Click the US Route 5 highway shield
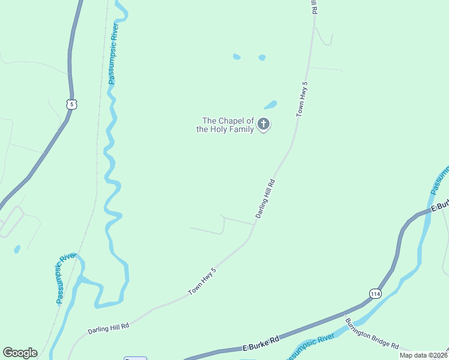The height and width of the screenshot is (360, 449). (72, 104)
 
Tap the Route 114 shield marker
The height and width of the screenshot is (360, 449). (375, 293)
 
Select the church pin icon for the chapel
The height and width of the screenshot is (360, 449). (263, 125)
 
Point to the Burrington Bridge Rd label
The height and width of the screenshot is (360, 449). (372, 333)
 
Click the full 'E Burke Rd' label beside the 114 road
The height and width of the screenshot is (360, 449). (261, 344)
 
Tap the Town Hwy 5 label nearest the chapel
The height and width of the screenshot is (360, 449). (301, 98)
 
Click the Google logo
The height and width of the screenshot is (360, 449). (20, 353)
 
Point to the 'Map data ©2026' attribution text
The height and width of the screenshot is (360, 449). (423, 355)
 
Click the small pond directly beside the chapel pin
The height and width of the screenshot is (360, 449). (271, 104)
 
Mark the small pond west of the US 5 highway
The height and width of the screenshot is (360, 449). (17, 248)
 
